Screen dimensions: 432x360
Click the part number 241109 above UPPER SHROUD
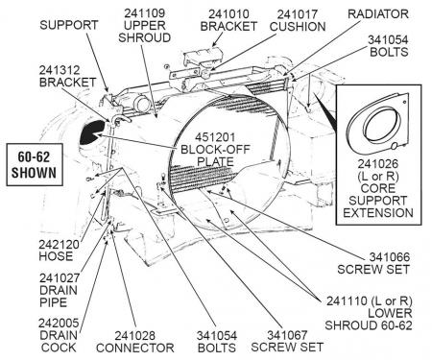point(144,13)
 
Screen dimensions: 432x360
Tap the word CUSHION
point(298,27)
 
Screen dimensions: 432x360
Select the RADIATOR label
point(378,14)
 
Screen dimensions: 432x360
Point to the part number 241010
point(228,14)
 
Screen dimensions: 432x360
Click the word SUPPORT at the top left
point(69,25)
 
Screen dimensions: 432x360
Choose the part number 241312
point(60,70)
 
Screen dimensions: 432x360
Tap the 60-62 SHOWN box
point(35,164)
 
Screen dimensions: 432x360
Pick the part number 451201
point(215,137)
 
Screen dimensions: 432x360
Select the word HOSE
point(56,256)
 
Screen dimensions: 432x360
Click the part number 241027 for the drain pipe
point(60,278)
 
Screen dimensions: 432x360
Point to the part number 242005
point(59,324)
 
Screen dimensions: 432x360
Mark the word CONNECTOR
point(135,348)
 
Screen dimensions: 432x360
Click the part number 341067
point(287,335)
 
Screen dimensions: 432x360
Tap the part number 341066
point(390,257)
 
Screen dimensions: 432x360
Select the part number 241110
point(347,301)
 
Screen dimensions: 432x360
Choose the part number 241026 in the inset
point(378,164)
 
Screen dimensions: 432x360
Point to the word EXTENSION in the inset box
point(378,213)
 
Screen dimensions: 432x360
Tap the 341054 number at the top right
point(388,40)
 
